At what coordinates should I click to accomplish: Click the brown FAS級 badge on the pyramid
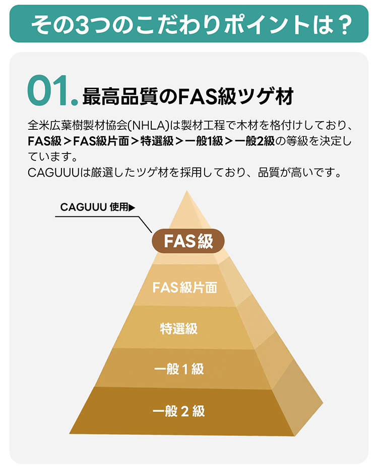pyautogui.click(x=188, y=241)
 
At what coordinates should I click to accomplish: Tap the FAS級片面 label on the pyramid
pyautogui.click(x=184, y=287)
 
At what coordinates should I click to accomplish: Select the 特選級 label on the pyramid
pyautogui.click(x=179, y=328)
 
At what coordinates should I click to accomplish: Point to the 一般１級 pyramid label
pyautogui.click(x=179, y=369)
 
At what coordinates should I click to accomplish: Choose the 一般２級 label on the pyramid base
pyautogui.click(x=179, y=411)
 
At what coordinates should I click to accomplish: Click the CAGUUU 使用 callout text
pyautogui.click(x=94, y=207)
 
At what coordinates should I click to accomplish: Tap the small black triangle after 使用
pyautogui.click(x=132, y=207)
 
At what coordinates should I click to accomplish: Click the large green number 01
pyautogui.click(x=52, y=91)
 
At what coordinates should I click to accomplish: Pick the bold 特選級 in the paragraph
pyautogui.click(x=157, y=141)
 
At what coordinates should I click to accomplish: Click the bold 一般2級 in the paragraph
pyautogui.click(x=255, y=141)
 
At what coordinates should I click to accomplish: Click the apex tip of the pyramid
pyautogui.click(x=187, y=191)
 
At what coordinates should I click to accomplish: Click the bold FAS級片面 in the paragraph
pyautogui.click(x=101, y=141)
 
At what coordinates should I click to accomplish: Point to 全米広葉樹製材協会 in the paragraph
pyautogui.click(x=78, y=126)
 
